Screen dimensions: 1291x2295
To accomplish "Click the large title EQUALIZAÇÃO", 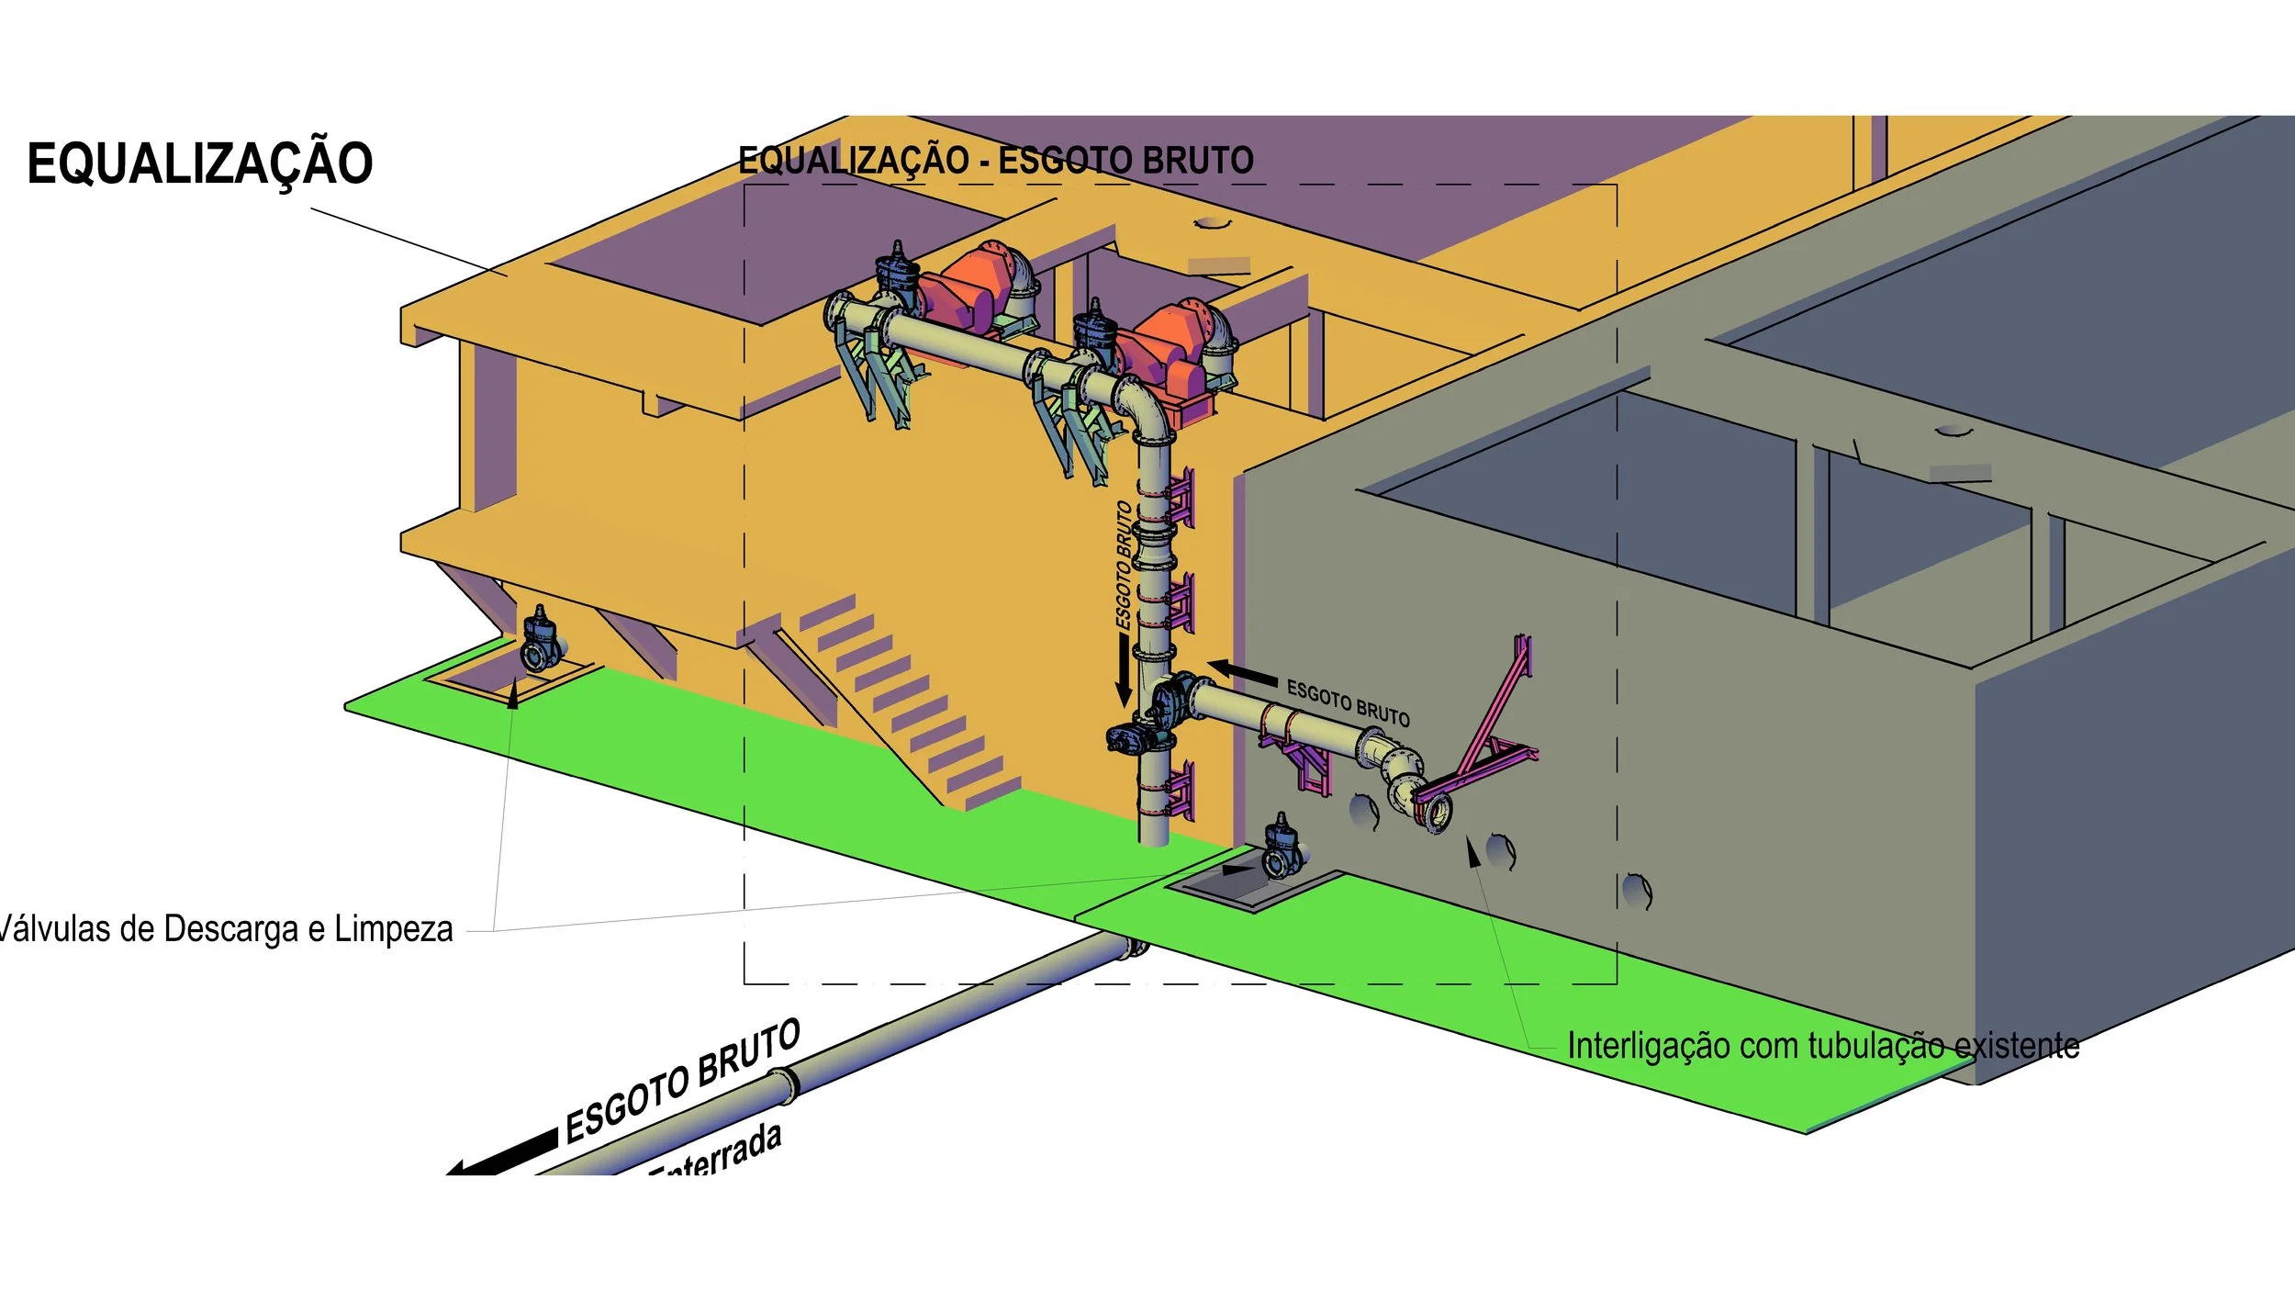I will click(x=200, y=163).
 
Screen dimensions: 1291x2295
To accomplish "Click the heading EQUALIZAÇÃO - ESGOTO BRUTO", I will click(x=996, y=161).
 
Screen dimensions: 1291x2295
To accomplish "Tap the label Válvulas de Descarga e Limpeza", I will click(x=226, y=929).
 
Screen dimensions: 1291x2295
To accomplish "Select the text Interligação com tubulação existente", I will click(x=1822, y=1046).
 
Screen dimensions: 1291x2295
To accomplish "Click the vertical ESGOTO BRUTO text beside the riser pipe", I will click(x=1124, y=565).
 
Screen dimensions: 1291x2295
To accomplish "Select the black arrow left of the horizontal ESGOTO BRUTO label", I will click(x=1241, y=673).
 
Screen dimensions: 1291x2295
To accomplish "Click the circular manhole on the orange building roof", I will click(x=1212, y=223).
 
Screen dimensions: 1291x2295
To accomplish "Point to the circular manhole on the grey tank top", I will click(x=1953, y=430).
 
